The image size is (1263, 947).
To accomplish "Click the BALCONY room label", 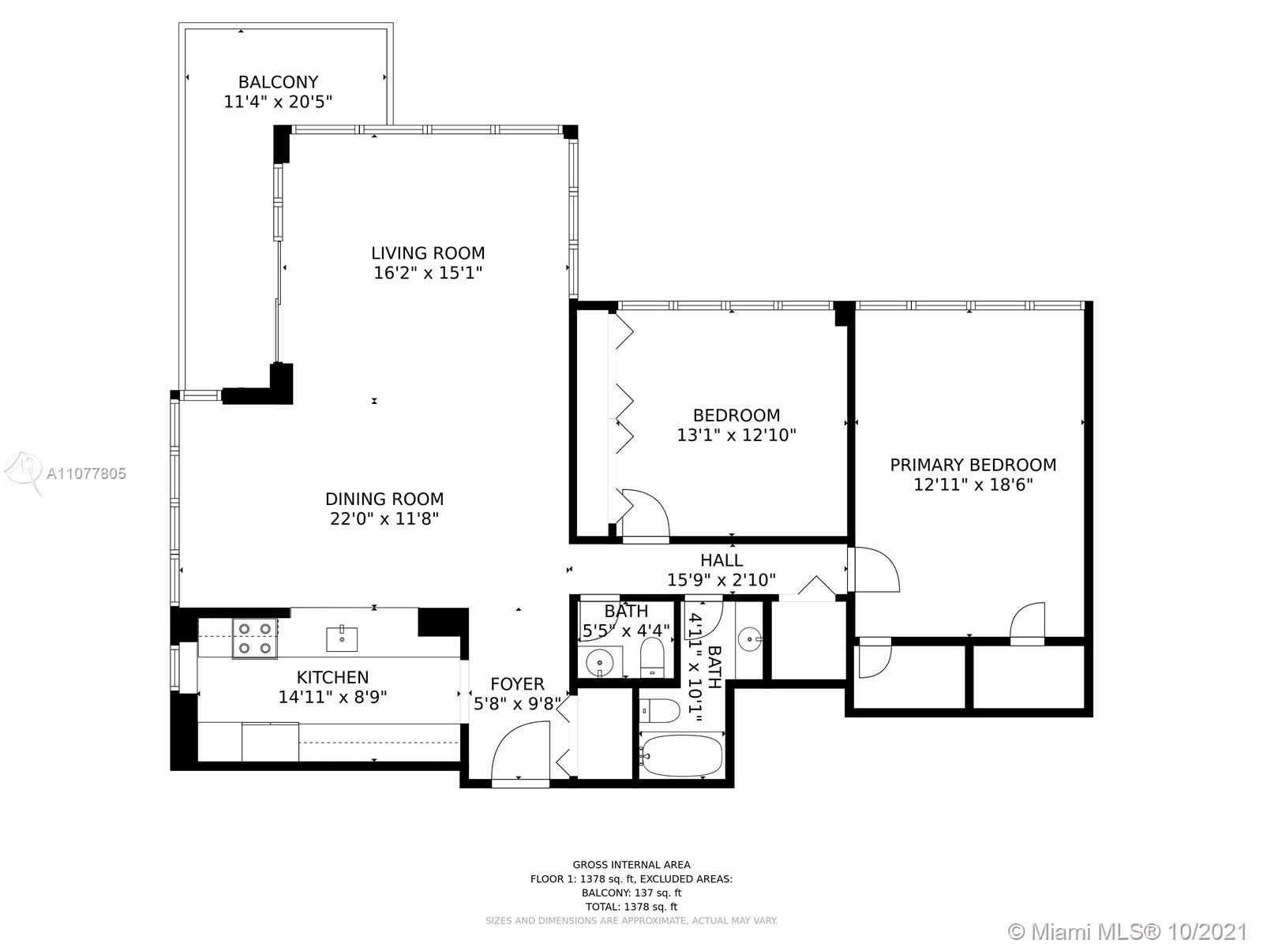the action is tap(279, 82).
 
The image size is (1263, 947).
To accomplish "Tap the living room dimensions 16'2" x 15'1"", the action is tap(428, 272).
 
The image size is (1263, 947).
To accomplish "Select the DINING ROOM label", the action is tap(384, 499).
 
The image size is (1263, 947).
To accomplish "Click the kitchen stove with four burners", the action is tap(255, 638).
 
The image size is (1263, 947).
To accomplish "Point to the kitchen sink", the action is tap(342, 638).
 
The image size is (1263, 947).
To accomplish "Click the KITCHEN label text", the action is tap(332, 677).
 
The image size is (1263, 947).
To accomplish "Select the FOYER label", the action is tap(517, 683).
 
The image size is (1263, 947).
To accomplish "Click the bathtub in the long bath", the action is tap(682, 755).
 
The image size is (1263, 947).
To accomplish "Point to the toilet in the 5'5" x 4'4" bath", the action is tap(653, 657).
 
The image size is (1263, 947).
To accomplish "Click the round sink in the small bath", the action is tap(600, 662).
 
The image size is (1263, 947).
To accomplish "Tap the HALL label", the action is tap(721, 560).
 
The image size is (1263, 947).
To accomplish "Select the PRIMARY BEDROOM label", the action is tap(973, 465).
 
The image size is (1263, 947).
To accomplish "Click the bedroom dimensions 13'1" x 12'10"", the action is tap(736, 435).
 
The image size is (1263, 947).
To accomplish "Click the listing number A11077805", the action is tap(86, 473).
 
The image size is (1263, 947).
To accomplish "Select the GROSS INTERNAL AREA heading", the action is tap(631, 864).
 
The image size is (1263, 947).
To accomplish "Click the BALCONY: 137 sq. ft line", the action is tap(631, 893).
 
